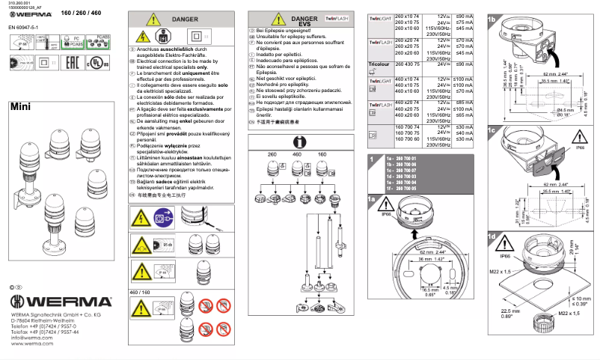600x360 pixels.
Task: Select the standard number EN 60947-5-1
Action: coord(24,27)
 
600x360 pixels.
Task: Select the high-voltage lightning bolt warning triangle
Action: coord(141,34)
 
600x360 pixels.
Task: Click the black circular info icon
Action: coord(299,141)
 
